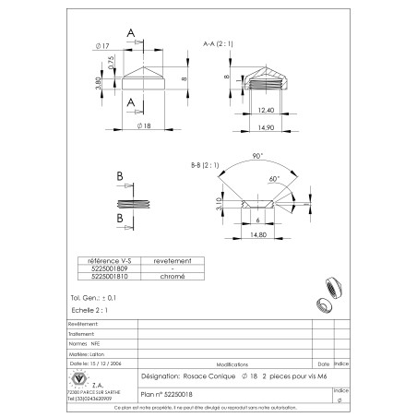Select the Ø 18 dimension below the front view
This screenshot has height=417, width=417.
(x=143, y=125)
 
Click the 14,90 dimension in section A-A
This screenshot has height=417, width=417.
(x=268, y=126)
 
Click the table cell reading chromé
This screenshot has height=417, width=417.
(x=173, y=276)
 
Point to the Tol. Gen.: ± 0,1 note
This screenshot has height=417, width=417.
(x=93, y=299)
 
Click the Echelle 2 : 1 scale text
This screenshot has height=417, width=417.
(x=89, y=311)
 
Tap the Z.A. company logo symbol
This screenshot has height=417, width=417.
(x=79, y=380)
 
